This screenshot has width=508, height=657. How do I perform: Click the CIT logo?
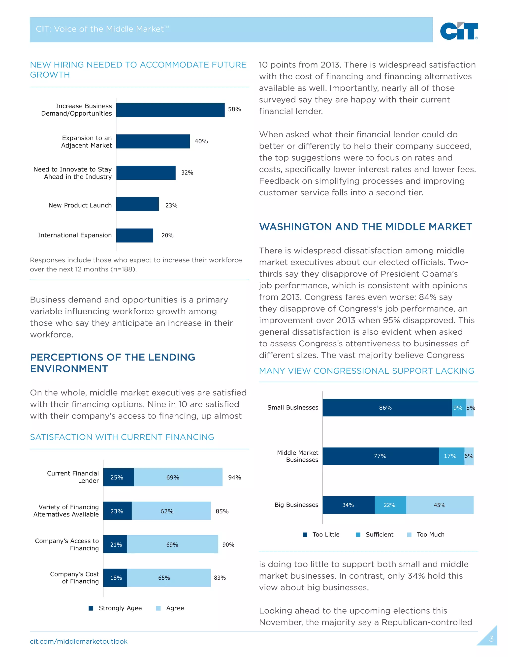tap(459, 31)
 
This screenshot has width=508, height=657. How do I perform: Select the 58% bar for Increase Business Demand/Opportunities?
tap(170, 110)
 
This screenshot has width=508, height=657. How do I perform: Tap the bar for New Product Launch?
tap(137, 204)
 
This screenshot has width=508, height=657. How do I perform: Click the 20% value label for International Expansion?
tap(167, 235)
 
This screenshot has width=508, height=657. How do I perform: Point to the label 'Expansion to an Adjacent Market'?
tap(86, 142)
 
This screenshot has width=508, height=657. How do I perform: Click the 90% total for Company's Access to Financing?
tap(228, 544)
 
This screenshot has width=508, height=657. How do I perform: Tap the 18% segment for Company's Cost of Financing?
tap(115, 578)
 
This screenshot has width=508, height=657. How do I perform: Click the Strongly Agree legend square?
tap(91, 608)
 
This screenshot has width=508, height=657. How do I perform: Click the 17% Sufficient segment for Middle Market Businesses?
tap(451, 456)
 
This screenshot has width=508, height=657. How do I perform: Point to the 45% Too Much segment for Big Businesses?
tap(440, 505)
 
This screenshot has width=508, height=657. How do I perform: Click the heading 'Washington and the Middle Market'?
tap(365, 227)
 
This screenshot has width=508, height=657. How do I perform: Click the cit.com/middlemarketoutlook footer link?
tap(79, 641)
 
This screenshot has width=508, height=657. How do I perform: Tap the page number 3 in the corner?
tap(491, 639)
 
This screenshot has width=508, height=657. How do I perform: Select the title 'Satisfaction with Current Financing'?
tap(122, 437)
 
